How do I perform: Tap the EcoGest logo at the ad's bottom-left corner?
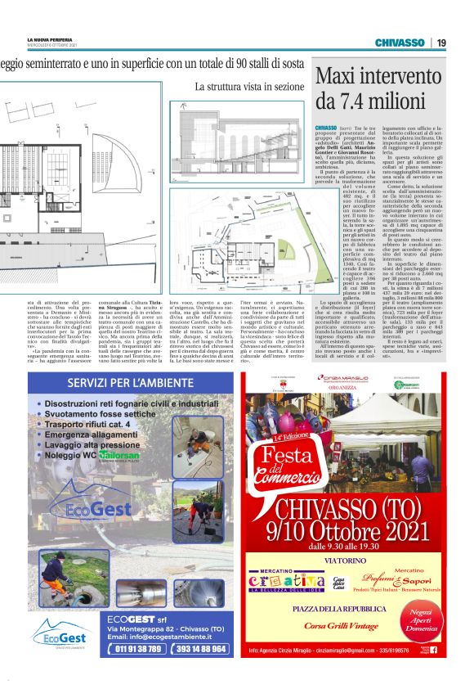(x=59, y=634)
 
